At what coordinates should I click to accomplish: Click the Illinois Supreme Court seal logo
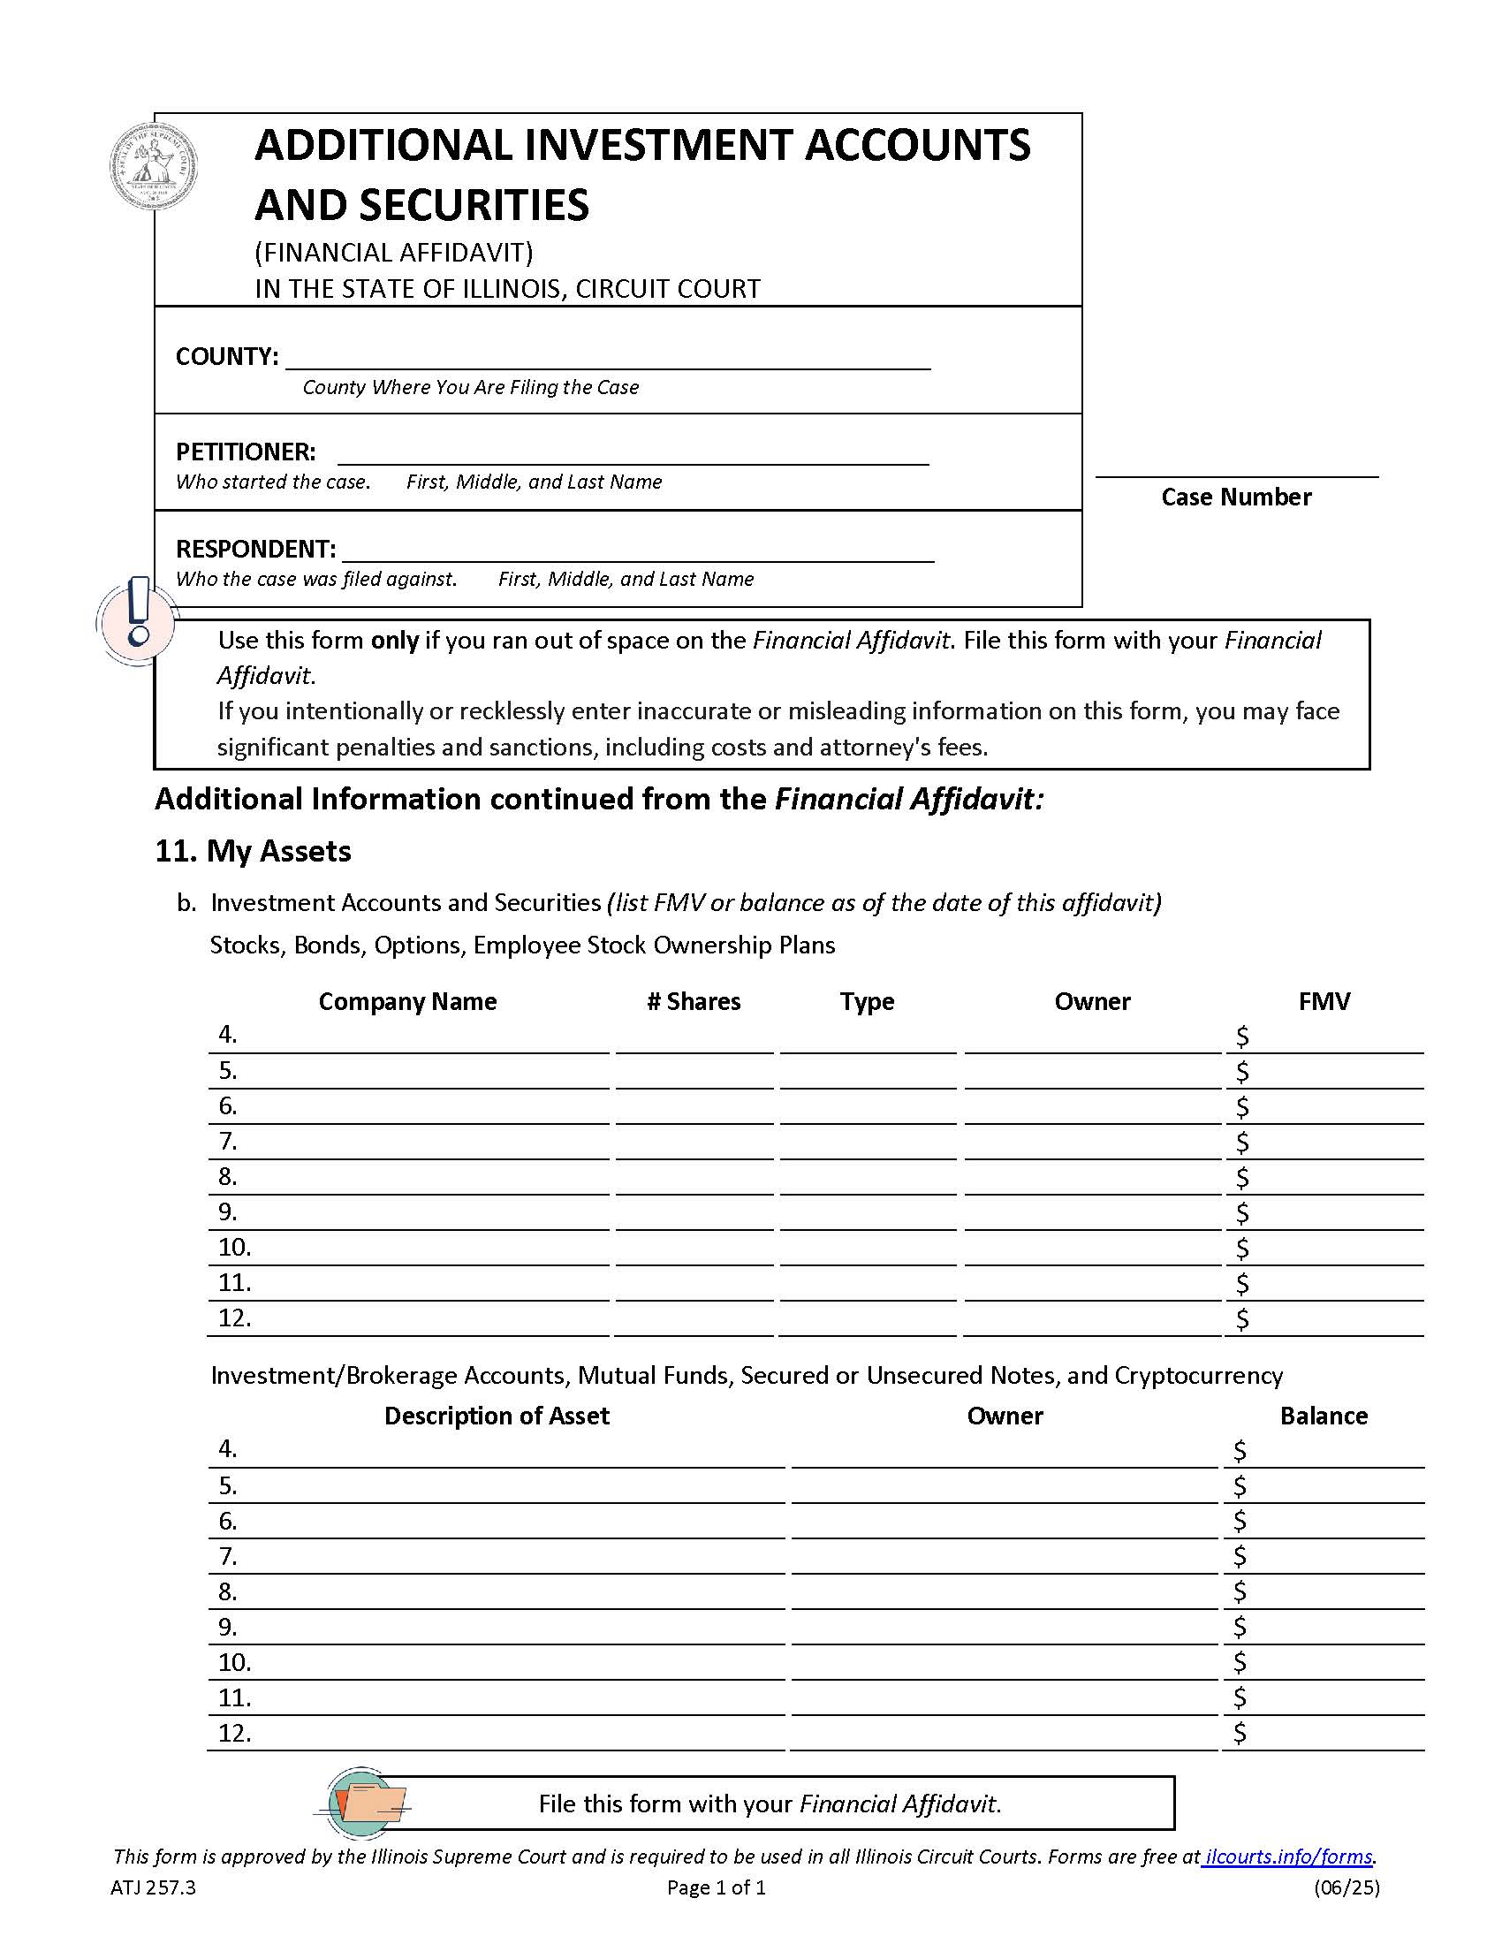point(153,166)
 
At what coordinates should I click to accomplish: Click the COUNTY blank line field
point(607,358)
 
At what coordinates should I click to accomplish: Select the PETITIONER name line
point(633,453)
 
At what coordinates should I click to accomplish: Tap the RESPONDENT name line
point(637,551)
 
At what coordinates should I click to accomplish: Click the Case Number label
point(1235,497)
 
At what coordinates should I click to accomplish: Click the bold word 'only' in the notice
point(394,641)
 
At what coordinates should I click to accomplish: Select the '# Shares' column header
point(694,1001)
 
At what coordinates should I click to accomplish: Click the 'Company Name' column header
point(407,1001)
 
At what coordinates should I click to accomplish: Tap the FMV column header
point(1324,1001)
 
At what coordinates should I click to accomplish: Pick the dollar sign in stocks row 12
point(1242,1319)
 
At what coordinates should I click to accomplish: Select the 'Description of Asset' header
point(497,1416)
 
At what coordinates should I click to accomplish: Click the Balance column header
point(1324,1416)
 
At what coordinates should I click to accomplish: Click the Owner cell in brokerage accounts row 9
point(1004,1629)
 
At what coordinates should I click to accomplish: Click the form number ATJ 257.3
point(153,1888)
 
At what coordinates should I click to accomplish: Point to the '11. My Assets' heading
point(253,852)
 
